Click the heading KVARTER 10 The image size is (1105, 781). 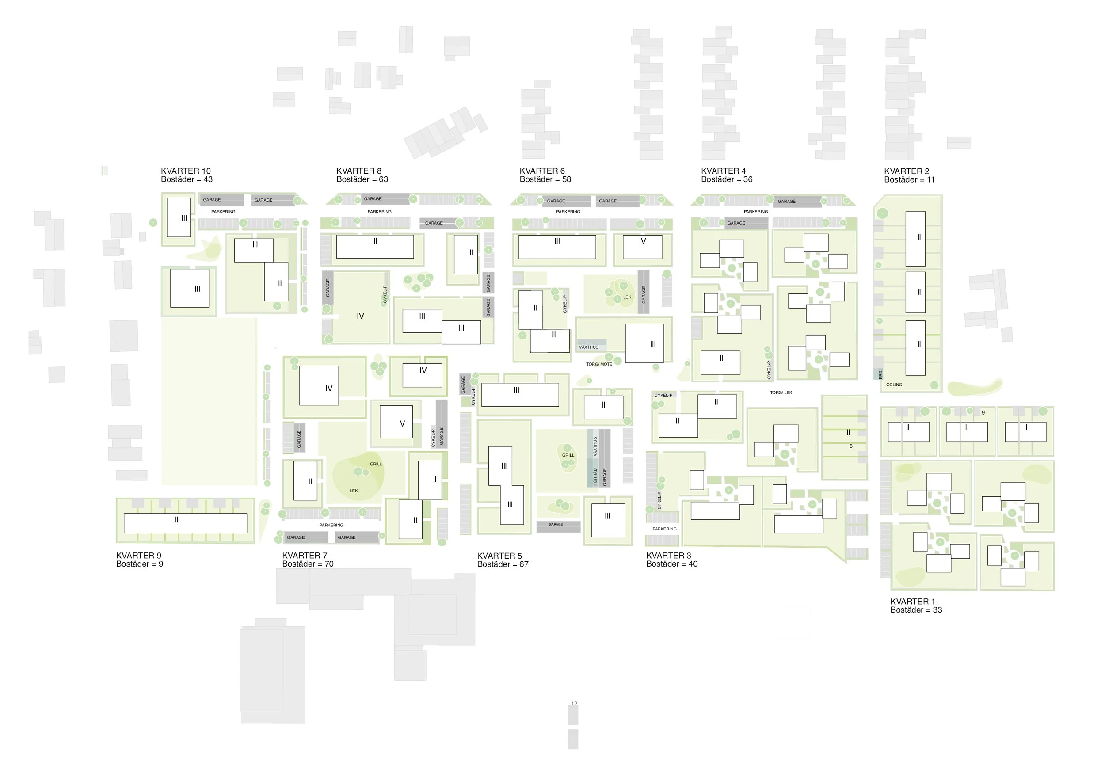[x=185, y=171]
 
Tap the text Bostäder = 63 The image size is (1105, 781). [x=362, y=179]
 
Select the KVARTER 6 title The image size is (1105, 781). [x=542, y=171]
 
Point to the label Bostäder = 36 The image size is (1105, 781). [x=726, y=179]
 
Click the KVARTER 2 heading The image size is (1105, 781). [x=906, y=171]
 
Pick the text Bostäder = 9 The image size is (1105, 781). [x=140, y=564]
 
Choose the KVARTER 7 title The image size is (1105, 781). [x=304, y=555]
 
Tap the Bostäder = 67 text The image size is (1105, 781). [x=503, y=564]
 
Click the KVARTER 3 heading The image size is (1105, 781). [x=668, y=555]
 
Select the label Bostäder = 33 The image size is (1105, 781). [x=916, y=610]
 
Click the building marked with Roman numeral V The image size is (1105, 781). [x=396, y=422]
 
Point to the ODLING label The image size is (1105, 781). [x=894, y=385]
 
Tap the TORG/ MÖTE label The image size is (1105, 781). [x=599, y=364]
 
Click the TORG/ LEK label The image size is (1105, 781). [x=781, y=392]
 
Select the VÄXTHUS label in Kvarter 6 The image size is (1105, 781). [x=588, y=347]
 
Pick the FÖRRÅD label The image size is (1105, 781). [x=595, y=476]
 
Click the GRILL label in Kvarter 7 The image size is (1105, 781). [x=375, y=464]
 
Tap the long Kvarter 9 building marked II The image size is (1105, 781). [x=185, y=523]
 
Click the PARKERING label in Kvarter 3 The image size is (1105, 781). [x=664, y=529]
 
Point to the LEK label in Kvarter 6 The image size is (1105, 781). [x=627, y=297]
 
